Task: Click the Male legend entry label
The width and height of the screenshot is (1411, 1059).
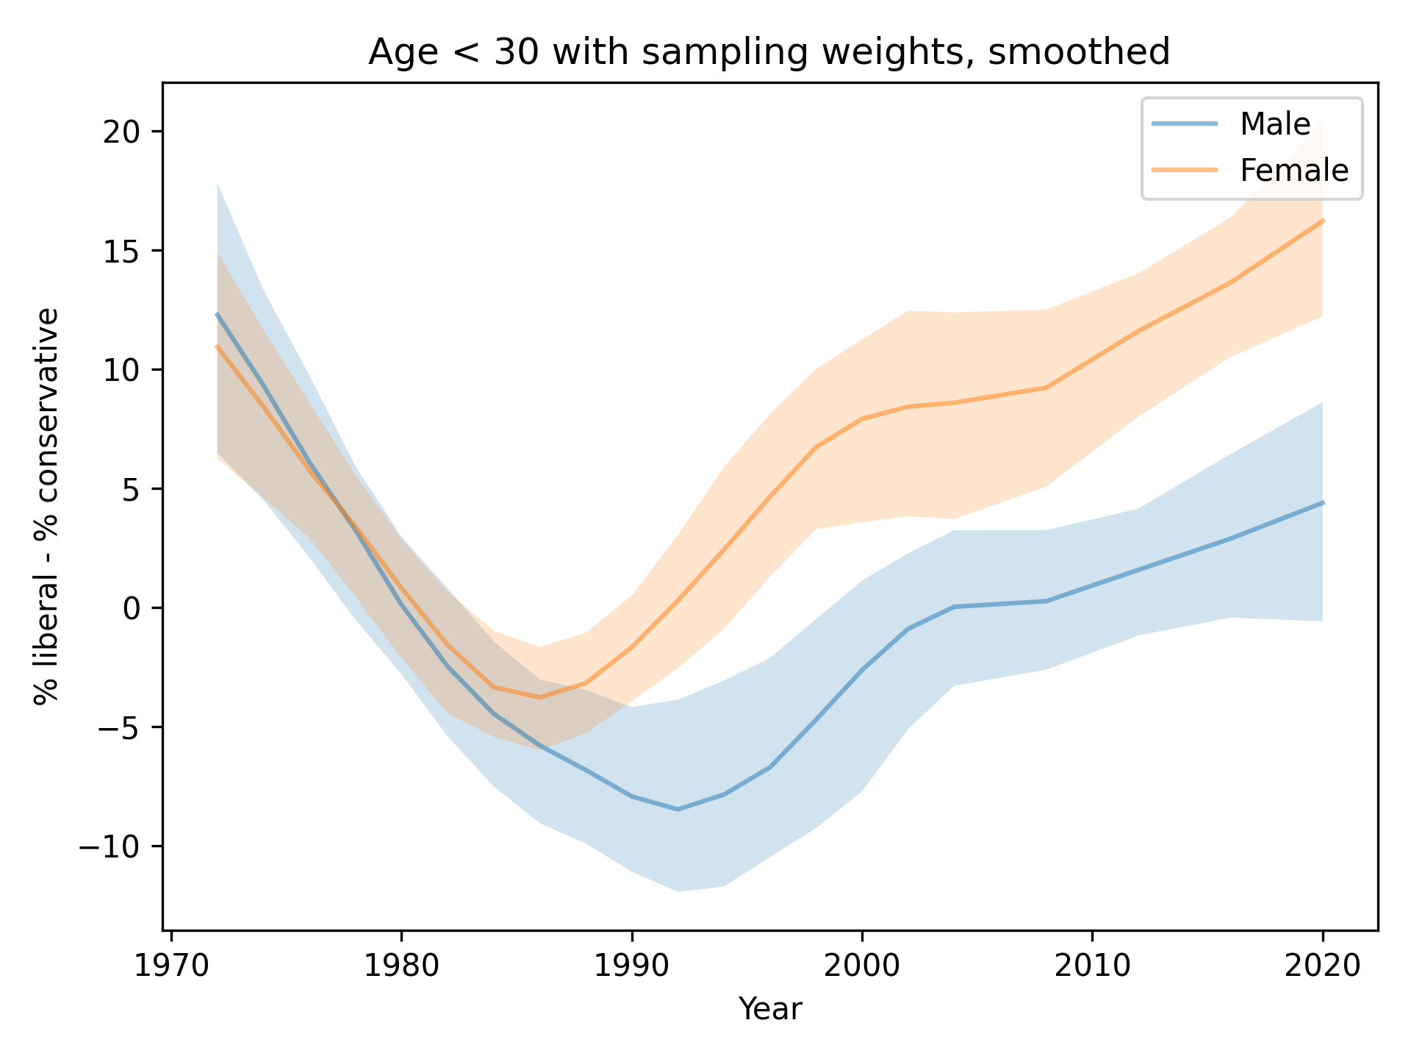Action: pyautogui.click(x=1275, y=124)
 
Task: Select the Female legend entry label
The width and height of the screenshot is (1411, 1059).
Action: pyautogui.click(x=1294, y=171)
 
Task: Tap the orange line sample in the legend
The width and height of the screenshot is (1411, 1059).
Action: pyautogui.click(x=1185, y=170)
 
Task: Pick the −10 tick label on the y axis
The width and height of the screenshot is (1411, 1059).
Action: pyautogui.click(x=109, y=846)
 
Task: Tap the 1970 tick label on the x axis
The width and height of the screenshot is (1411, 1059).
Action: pyautogui.click(x=171, y=966)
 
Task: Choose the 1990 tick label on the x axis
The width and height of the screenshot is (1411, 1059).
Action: pyautogui.click(x=631, y=966)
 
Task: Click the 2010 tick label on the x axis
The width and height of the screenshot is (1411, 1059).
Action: pyautogui.click(x=1092, y=966)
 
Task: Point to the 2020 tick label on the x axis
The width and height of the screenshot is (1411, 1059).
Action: pyautogui.click(x=1322, y=966)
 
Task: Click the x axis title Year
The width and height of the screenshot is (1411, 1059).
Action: pyautogui.click(x=769, y=1009)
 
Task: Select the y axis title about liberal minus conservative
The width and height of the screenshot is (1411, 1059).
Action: pyautogui.click(x=46, y=507)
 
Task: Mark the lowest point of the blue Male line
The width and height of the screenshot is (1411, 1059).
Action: pyautogui.click(x=678, y=810)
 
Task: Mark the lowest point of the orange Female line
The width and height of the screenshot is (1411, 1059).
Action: pyautogui.click(x=540, y=697)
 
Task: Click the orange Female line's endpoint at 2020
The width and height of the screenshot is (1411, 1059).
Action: pyautogui.click(x=1322, y=221)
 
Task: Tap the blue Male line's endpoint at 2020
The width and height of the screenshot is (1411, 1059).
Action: pyautogui.click(x=1322, y=503)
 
